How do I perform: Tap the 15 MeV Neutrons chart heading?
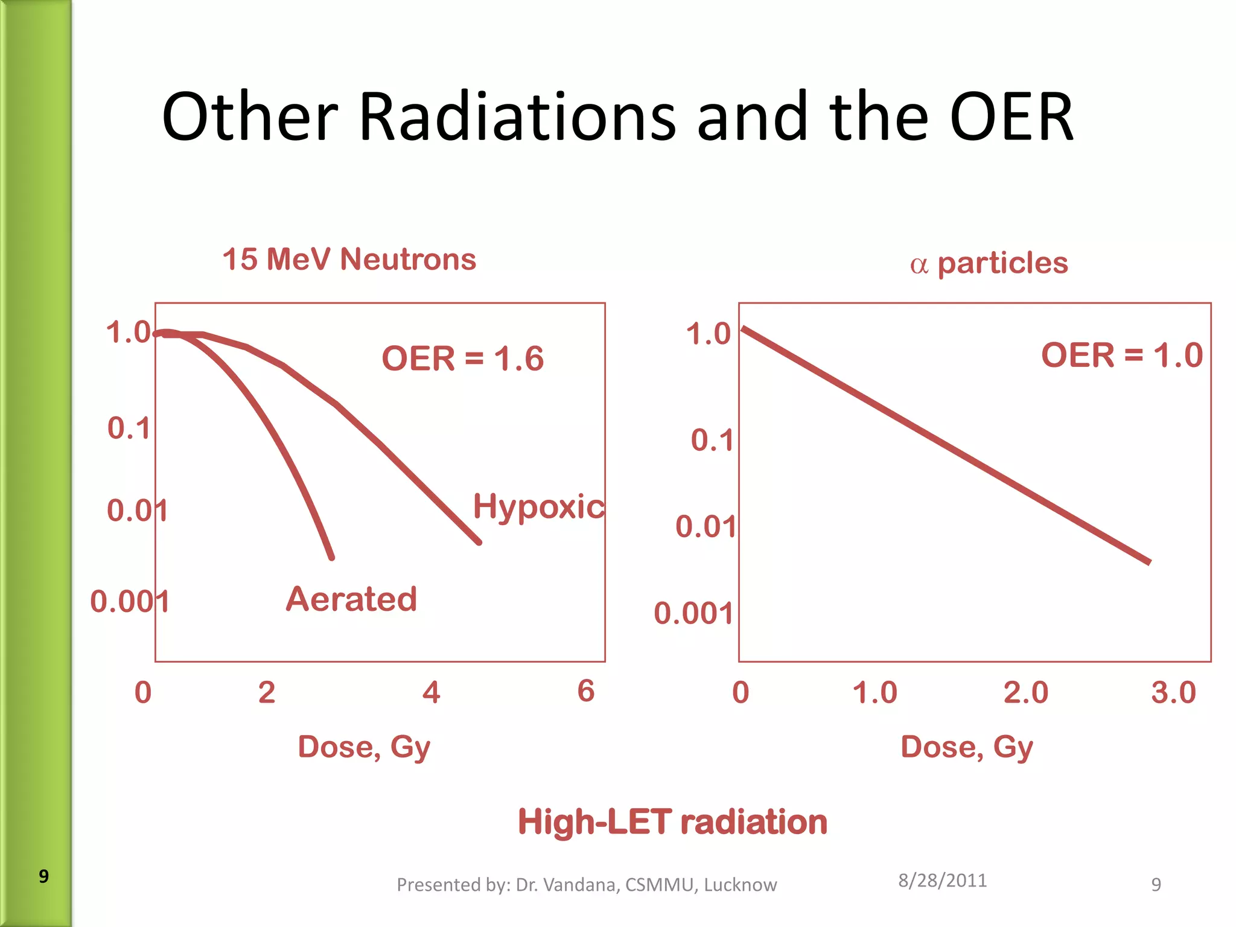pos(349,260)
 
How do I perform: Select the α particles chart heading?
pos(989,264)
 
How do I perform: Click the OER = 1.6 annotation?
pos(462,358)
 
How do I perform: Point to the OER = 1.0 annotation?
pos(1121,355)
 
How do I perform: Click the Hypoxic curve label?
pos(538,507)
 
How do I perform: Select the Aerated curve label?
pos(351,599)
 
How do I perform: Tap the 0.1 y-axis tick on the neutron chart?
pos(129,428)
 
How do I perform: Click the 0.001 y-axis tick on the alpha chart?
pos(693,614)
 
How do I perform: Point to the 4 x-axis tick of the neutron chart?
pos(431,692)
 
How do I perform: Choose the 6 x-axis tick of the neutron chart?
pos(585,691)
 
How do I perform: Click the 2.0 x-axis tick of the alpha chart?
pos(1025,693)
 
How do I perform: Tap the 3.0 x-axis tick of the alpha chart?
pos(1173,693)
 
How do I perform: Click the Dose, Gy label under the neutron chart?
pos(364,747)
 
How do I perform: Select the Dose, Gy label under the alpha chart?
pos(966,747)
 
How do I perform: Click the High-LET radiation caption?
pos(672,822)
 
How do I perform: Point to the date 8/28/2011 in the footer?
pos(942,881)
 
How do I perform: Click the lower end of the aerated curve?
pos(331,556)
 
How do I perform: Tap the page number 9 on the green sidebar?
pos(43,876)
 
